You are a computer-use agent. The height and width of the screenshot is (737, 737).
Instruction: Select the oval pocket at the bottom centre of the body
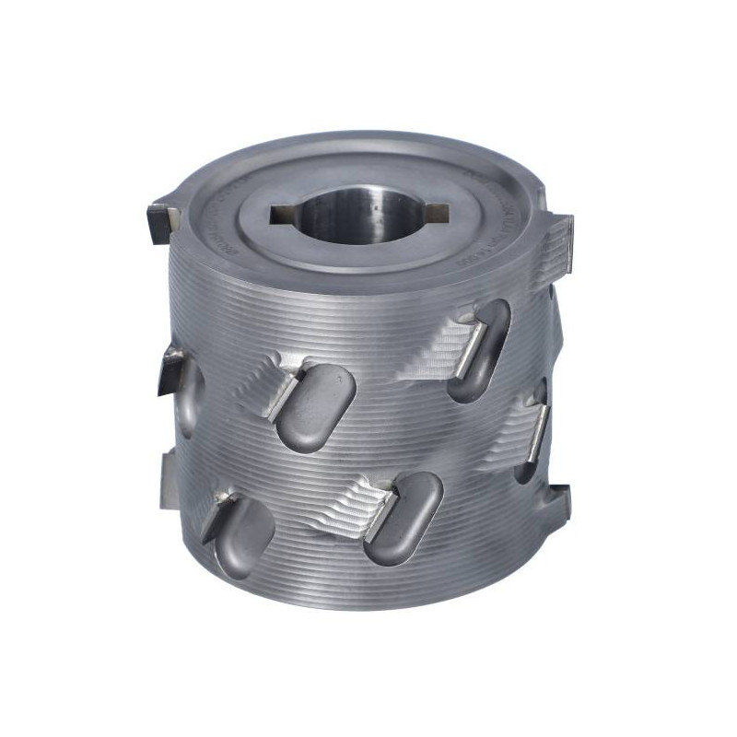coord(405,516)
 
